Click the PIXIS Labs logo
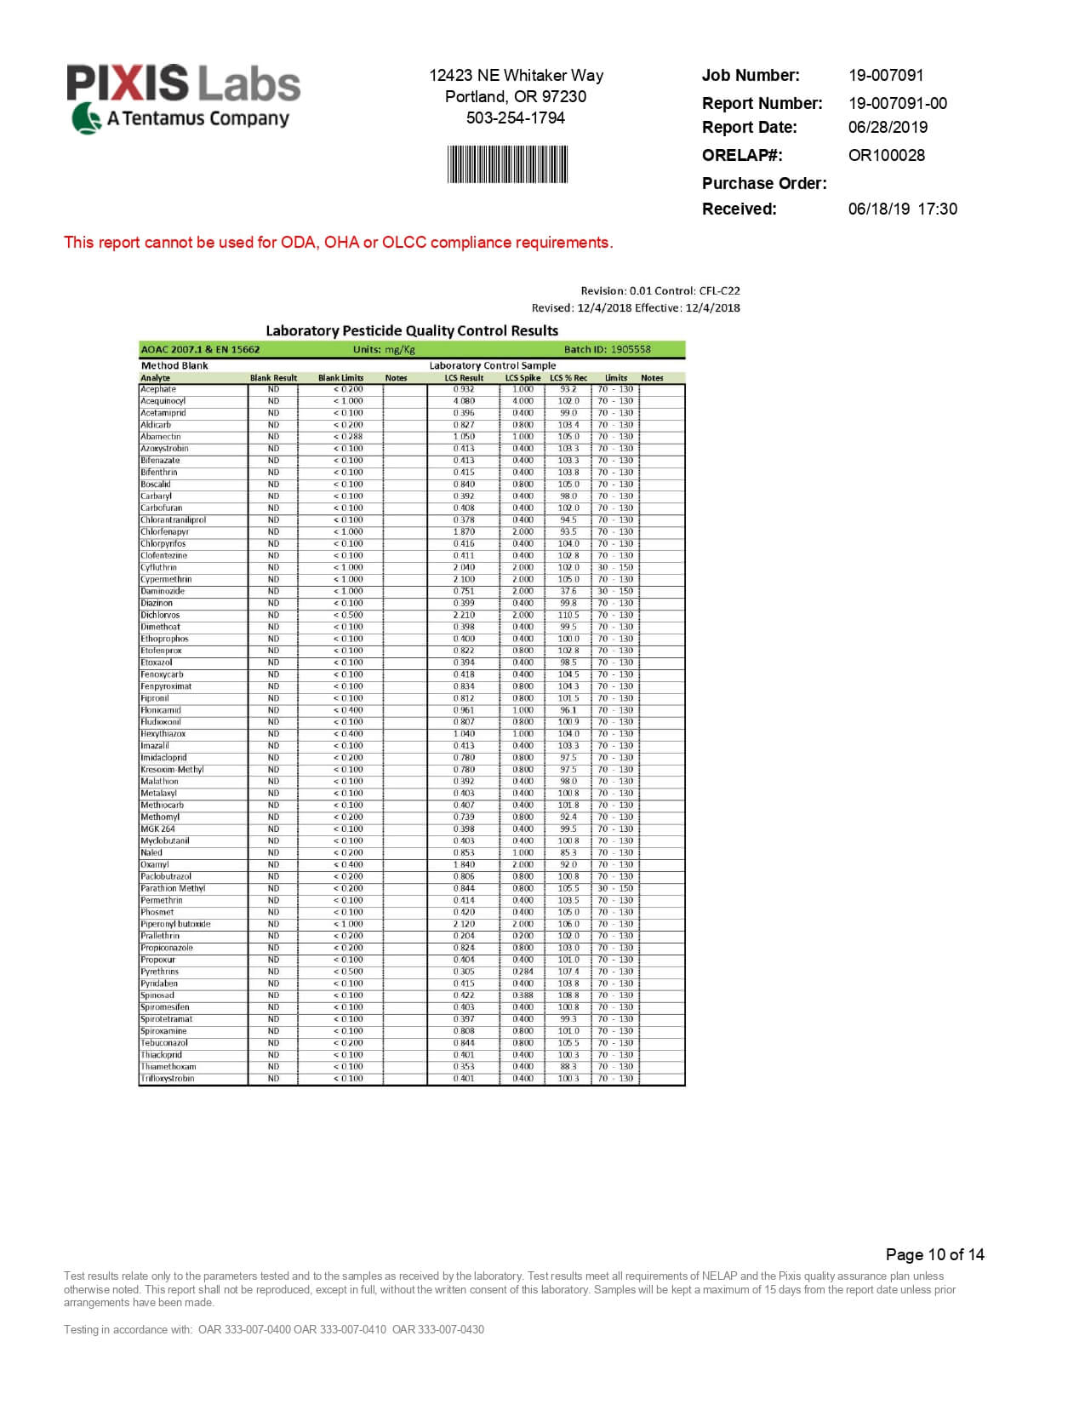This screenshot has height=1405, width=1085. pos(183,98)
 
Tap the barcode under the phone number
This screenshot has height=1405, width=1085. pos(507,164)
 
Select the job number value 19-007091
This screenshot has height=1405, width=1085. pos(885,75)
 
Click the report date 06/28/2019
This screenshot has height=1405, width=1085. pos(888,127)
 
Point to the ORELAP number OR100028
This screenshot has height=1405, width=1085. pos(886,155)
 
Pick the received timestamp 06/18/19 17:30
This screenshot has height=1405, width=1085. pos(902,209)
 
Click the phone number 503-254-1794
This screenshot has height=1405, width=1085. pos(515,118)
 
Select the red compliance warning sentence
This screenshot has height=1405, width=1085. pos(338,242)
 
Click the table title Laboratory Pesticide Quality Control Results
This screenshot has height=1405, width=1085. pos(412,330)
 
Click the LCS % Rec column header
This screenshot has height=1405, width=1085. pos(568,377)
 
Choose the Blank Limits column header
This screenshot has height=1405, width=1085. pos(340,377)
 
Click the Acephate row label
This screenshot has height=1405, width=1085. pos(158,389)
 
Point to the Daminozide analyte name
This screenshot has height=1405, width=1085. pos(163,591)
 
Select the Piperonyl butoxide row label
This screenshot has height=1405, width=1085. pos(175,924)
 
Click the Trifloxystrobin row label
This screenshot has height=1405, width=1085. pos(168,1079)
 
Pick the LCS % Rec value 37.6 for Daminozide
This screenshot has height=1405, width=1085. pos(568,591)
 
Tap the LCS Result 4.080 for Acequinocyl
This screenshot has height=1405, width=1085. pos(464,401)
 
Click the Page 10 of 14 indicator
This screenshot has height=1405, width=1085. pos(934,1254)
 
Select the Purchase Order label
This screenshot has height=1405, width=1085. pos(763,183)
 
